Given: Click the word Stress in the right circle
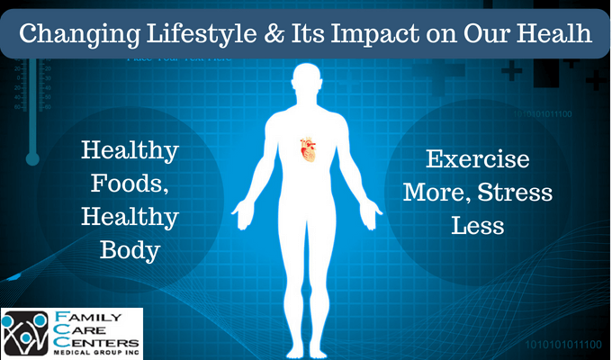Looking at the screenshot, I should click(519, 193).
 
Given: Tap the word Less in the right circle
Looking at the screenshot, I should click(478, 225).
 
